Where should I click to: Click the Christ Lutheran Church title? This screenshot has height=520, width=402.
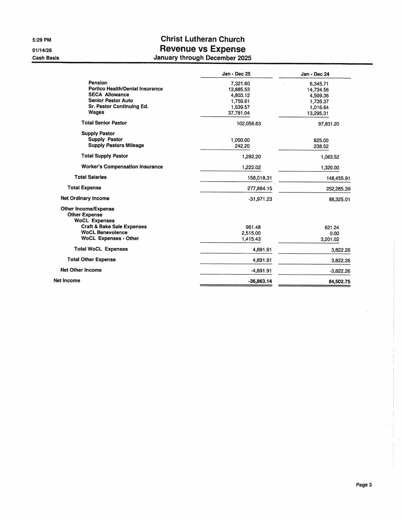click(203, 39)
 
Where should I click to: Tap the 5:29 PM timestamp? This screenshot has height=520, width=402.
click(42, 40)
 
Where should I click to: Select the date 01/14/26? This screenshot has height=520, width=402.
click(42, 50)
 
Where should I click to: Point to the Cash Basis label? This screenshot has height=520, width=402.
click(45, 58)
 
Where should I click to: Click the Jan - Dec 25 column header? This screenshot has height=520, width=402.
click(236, 74)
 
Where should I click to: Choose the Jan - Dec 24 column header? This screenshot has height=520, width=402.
click(315, 74)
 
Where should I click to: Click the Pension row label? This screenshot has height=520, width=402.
click(98, 83)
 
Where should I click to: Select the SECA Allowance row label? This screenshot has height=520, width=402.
click(109, 95)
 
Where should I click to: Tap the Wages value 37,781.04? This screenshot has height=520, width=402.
click(239, 113)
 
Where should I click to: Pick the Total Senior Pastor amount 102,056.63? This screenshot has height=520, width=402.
click(249, 124)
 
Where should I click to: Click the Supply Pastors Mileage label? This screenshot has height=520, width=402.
click(116, 145)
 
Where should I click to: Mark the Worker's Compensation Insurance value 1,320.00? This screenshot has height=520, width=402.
click(330, 168)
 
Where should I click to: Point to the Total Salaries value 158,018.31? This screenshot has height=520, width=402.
click(259, 178)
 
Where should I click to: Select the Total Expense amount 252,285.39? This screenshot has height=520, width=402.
click(338, 189)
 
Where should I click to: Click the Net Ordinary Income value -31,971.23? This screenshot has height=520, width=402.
click(260, 199)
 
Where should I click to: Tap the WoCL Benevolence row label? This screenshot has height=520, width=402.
click(104, 233)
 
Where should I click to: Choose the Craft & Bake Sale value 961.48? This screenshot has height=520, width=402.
click(253, 227)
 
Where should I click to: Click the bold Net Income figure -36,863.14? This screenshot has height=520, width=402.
click(260, 281)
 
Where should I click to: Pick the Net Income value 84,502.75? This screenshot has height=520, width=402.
click(339, 282)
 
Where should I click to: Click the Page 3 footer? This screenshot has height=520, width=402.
click(363, 485)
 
